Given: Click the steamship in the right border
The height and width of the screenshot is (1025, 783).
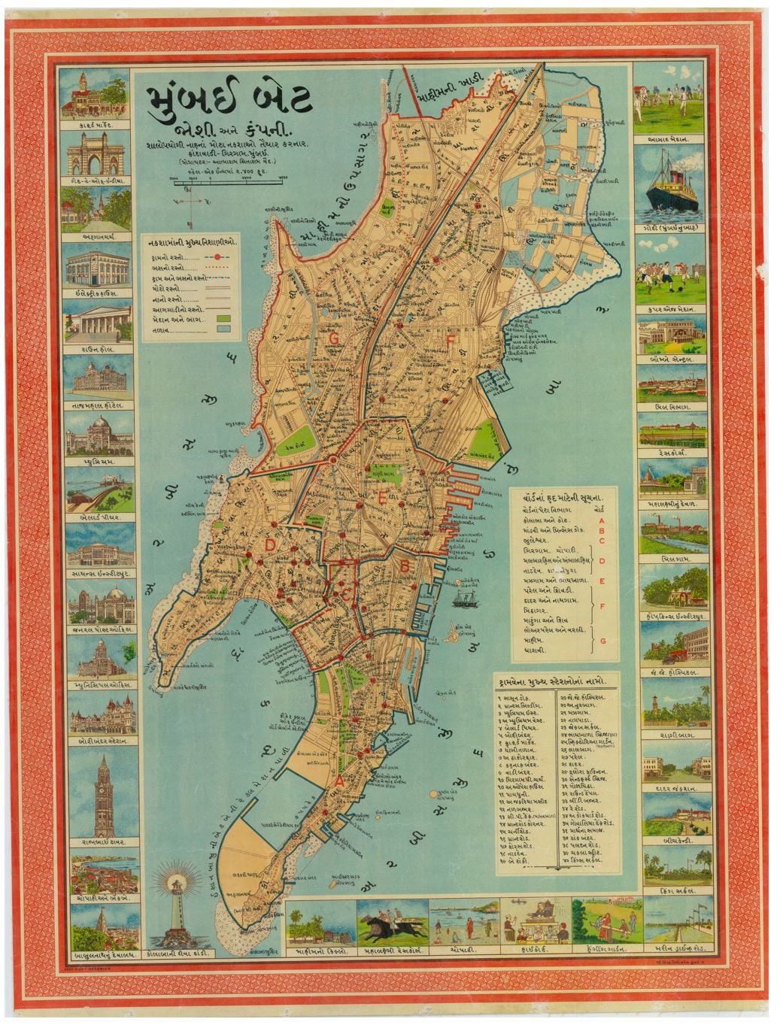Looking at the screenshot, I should click(671, 182).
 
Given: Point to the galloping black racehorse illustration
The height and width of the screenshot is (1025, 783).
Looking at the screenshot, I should click(391, 924).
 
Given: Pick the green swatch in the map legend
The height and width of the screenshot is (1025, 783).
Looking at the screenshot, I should click(223, 319).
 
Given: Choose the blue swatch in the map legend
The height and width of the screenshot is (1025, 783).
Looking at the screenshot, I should click(223, 329).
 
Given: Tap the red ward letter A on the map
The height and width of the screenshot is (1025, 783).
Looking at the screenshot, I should click(339, 781).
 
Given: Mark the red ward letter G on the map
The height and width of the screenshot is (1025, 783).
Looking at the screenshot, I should click(333, 338).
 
